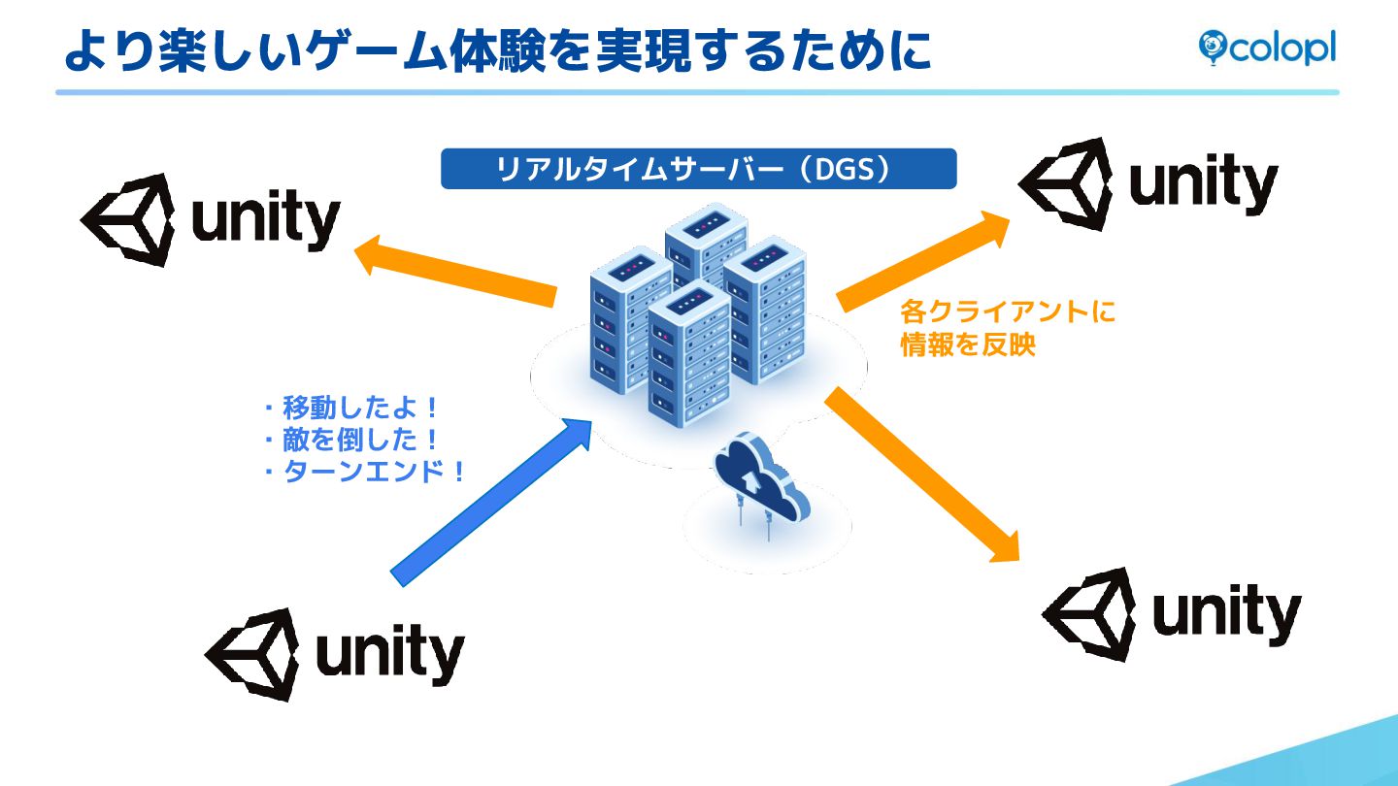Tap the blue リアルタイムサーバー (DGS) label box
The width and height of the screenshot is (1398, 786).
point(698,169)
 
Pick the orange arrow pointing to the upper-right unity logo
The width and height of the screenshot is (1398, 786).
point(922,260)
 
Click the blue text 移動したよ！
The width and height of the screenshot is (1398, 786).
point(360,407)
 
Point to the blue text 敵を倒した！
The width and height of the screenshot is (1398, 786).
point(360,440)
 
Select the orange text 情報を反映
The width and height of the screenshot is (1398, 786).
point(968,345)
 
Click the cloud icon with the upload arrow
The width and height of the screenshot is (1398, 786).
point(760,480)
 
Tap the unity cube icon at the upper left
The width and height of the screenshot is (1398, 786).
point(129,220)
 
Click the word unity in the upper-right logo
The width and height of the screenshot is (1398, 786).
point(1203,183)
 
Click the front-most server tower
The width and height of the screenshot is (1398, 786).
point(688,354)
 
